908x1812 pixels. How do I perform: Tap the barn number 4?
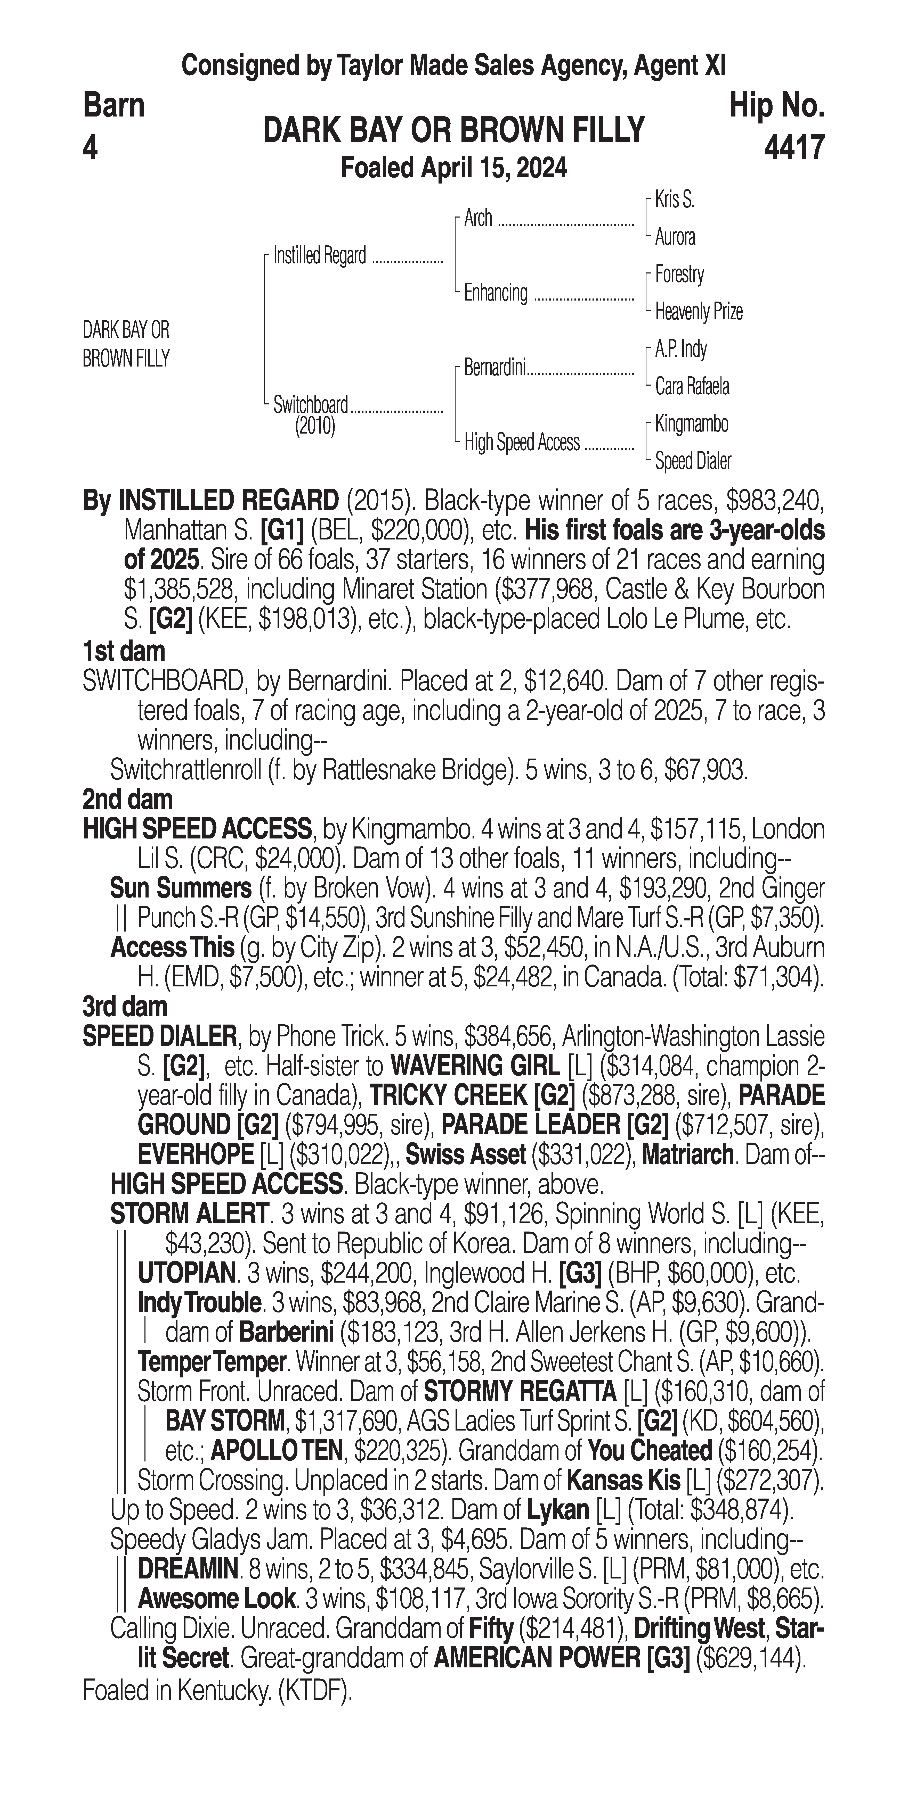point(90,148)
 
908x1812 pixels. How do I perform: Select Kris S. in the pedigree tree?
point(674,200)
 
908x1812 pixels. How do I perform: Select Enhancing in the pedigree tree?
point(496,293)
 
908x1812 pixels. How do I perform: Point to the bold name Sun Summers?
point(180,888)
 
